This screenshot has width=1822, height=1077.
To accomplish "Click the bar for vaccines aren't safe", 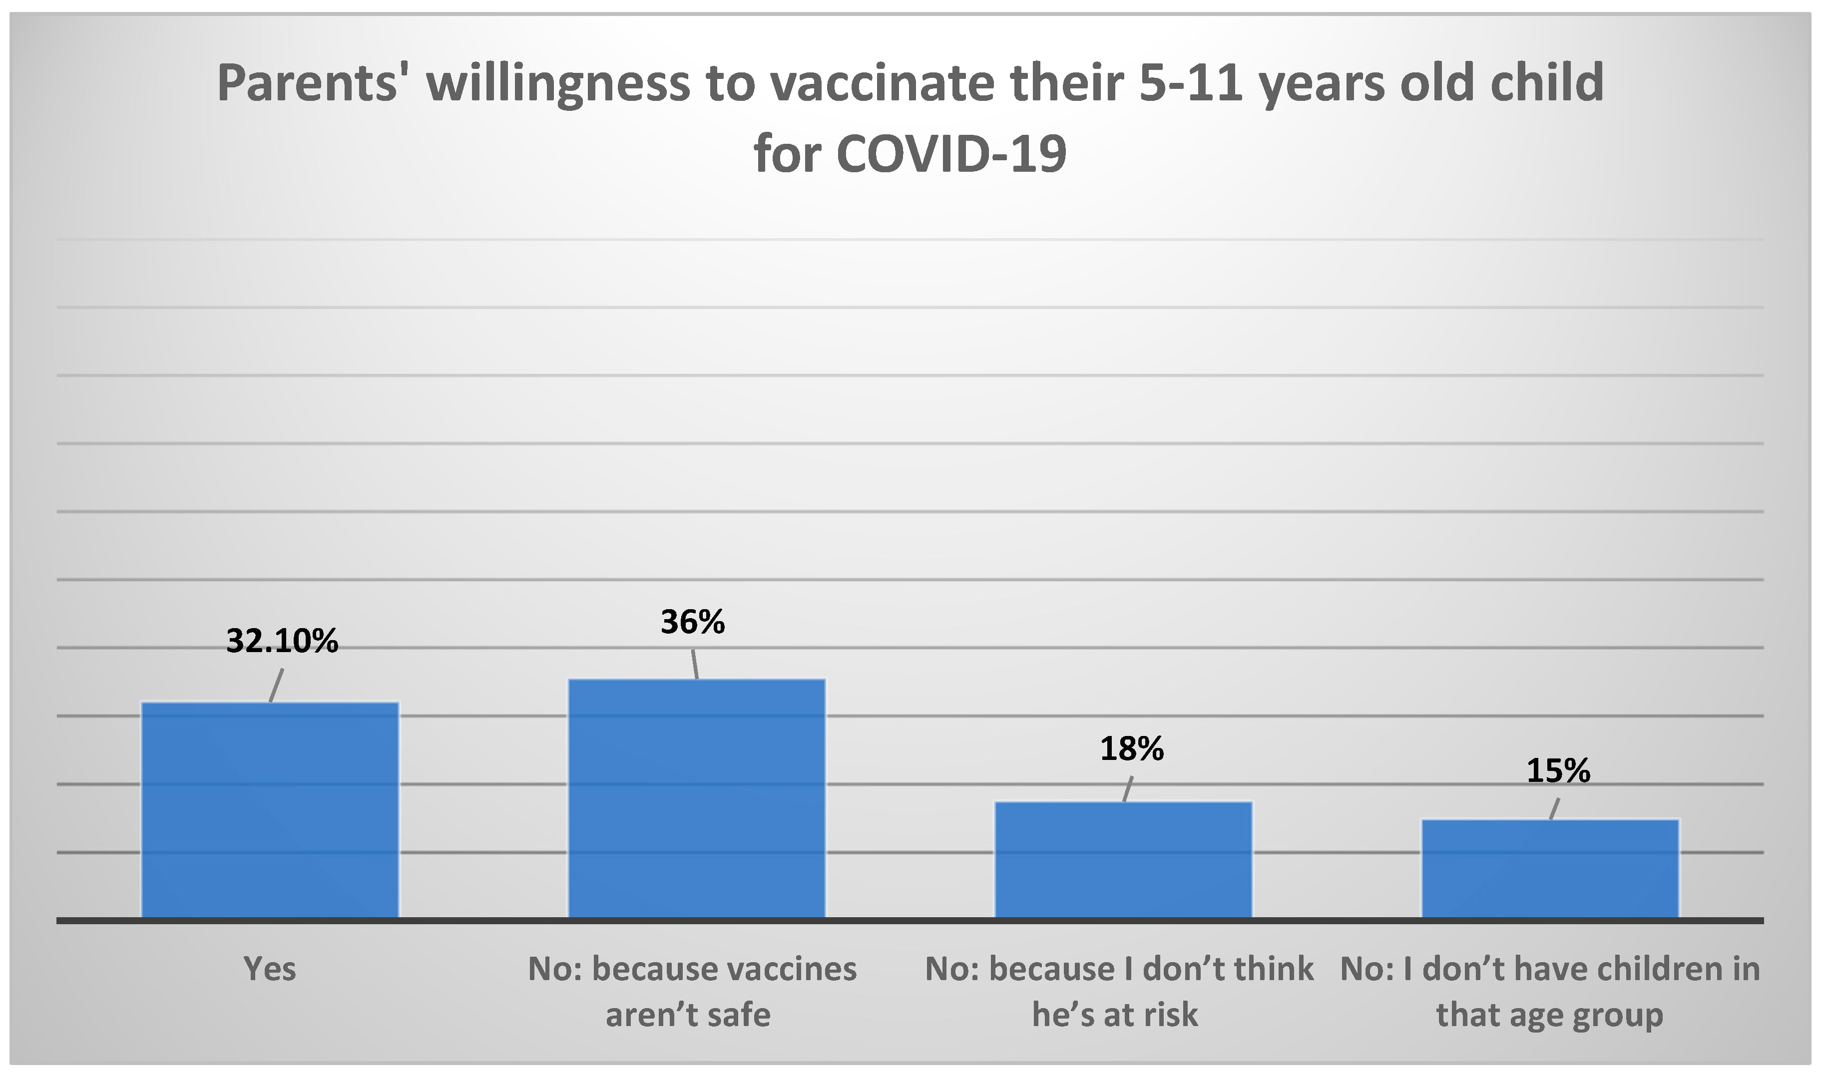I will tap(696, 798).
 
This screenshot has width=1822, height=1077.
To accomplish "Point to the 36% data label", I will tap(693, 622).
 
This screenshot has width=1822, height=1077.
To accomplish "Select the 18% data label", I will tap(1132, 749).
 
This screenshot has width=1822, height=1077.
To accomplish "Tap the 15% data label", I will tap(1558, 771).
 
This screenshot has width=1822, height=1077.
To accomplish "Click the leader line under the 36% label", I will tap(694, 664).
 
